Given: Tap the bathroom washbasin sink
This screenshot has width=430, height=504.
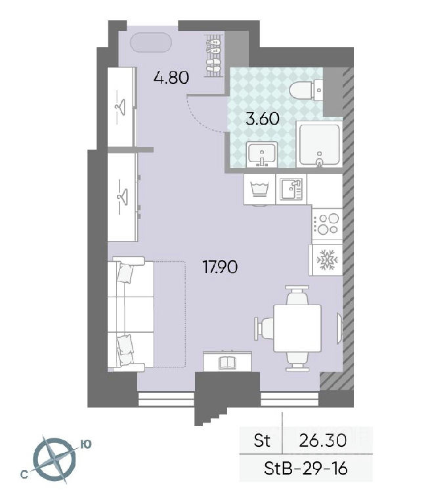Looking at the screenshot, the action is coord(262,154).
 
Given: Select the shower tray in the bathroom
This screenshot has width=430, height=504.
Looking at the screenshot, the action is coord(319,145).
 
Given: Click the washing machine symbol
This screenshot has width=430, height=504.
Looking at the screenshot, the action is coord(259,189).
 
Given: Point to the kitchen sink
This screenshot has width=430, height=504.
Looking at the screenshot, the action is coord(291,189).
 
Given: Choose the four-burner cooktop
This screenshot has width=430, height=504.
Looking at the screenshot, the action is coord(327,224).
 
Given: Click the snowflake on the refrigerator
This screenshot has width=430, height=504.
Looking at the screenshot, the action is coord(327,260).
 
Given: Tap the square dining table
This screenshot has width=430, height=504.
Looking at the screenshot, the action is coord(297,328).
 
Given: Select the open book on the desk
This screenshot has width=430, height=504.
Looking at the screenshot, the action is coord(228,362).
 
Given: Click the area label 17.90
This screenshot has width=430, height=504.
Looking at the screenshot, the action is coord(220,267).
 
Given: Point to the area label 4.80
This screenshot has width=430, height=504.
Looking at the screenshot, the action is coord(171,77).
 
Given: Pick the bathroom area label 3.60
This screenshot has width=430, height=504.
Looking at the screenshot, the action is coord(262,119).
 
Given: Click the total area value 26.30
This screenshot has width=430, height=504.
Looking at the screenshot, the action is coord(322,440).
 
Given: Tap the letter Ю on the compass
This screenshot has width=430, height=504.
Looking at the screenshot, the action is coord(85,444).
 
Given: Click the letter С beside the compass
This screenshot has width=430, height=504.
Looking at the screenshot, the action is coord(23,474).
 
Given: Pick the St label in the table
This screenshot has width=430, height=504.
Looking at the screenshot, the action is coord(262,440).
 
